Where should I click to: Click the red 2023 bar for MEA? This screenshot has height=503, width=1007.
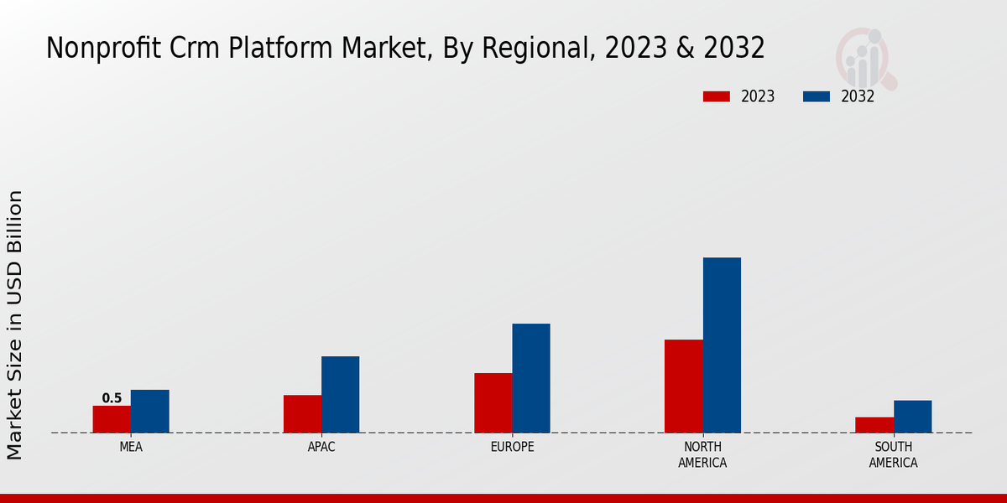click(x=112, y=419)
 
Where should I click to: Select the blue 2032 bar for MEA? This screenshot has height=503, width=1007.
click(x=149, y=412)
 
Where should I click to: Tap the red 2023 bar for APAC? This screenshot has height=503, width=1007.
click(x=302, y=414)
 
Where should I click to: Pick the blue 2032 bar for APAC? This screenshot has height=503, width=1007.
click(x=340, y=395)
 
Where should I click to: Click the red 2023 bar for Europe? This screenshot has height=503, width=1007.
click(x=493, y=403)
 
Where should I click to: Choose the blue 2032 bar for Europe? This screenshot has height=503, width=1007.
click(x=531, y=378)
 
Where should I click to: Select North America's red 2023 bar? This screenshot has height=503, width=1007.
click(x=684, y=386)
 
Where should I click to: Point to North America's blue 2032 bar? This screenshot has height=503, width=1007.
click(x=722, y=345)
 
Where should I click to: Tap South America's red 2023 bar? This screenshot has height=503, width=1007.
click(x=874, y=425)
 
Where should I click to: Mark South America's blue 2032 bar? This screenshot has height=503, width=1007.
click(x=912, y=417)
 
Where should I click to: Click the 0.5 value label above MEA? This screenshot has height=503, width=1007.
click(x=112, y=398)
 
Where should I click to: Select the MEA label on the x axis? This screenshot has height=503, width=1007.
click(x=131, y=447)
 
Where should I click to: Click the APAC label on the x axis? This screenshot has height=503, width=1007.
click(x=321, y=447)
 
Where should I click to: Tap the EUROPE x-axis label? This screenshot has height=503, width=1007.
click(x=512, y=447)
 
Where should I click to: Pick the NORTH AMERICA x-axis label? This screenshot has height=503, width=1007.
click(x=702, y=454)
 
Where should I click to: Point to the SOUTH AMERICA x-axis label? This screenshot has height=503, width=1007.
click(x=893, y=454)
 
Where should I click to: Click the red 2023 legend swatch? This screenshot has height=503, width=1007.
click(x=716, y=96)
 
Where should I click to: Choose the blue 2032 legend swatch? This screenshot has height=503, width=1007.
click(x=817, y=96)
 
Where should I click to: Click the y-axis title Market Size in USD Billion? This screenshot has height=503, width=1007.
click(x=15, y=325)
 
